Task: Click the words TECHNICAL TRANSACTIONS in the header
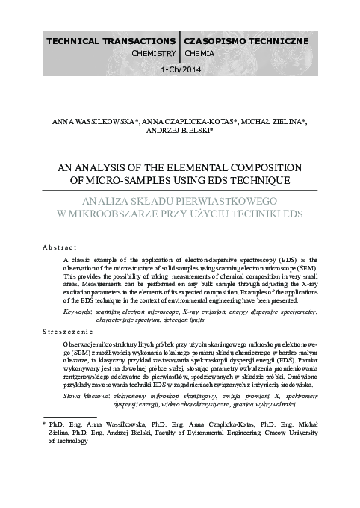coord(111,39)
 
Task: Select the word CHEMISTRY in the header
coord(153,54)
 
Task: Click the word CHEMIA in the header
coord(199,54)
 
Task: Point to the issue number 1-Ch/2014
coord(181,70)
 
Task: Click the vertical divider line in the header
coord(181,46)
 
